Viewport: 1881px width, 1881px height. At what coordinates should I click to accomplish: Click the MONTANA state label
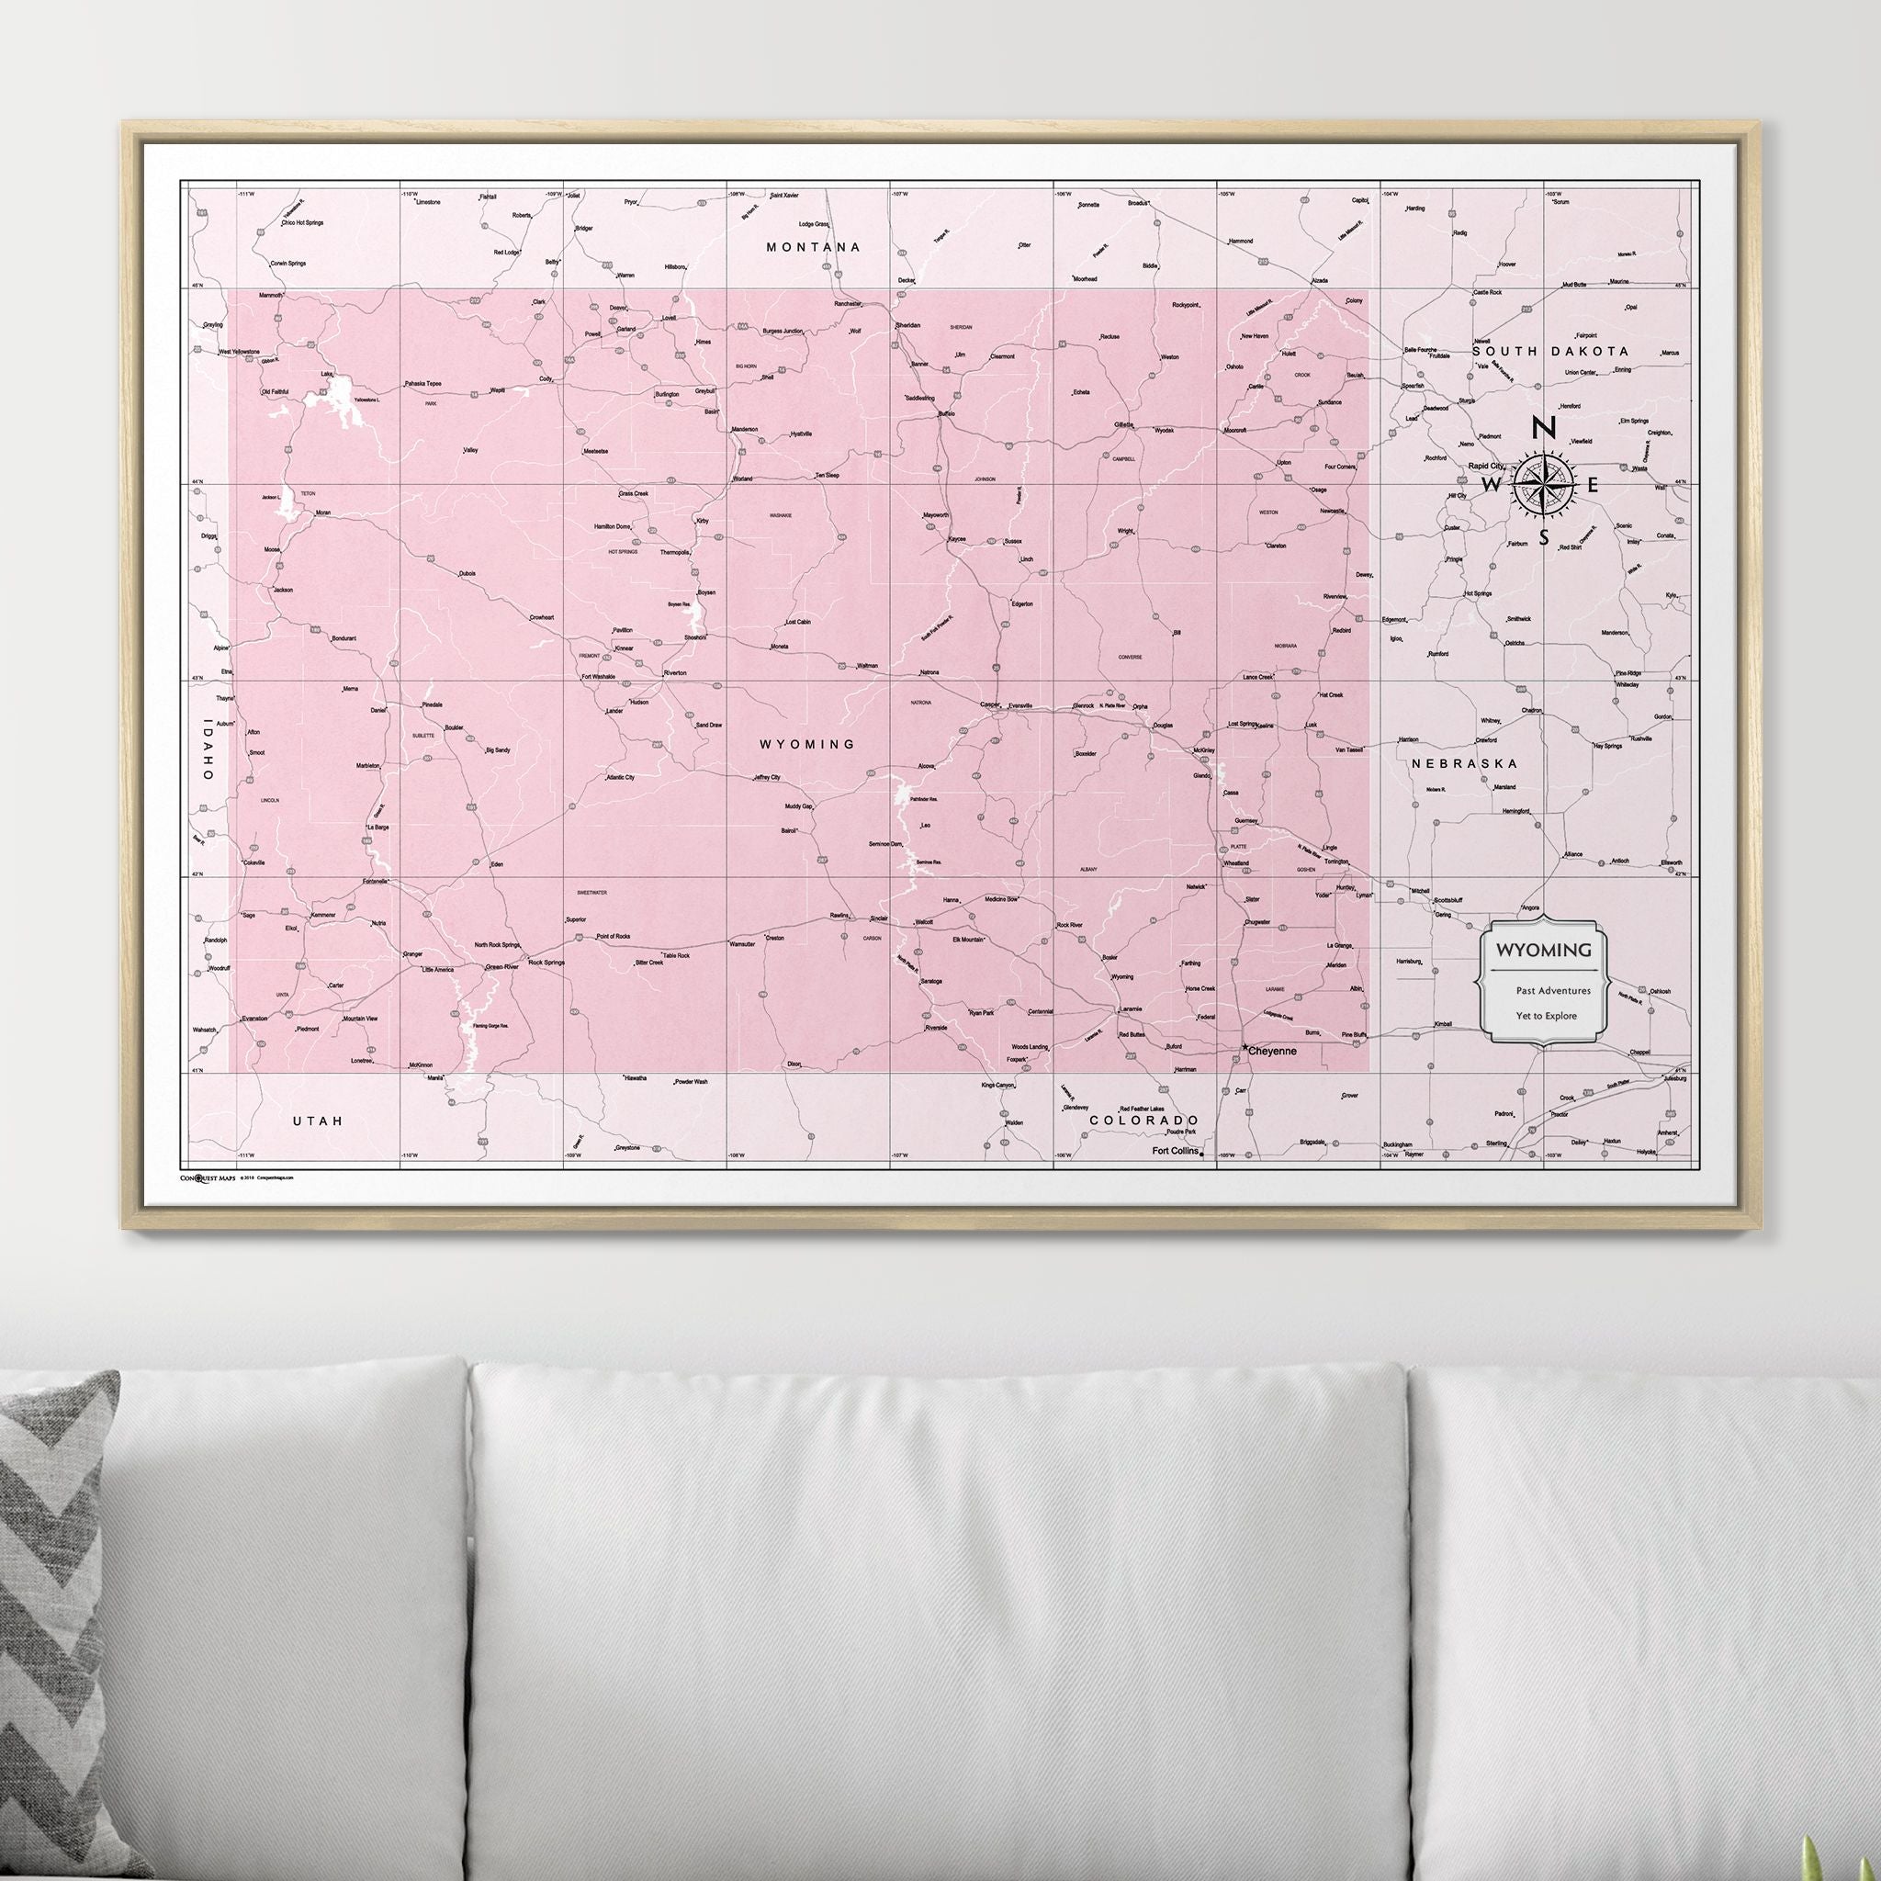(x=813, y=247)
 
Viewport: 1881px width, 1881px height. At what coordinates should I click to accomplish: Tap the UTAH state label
(x=319, y=1121)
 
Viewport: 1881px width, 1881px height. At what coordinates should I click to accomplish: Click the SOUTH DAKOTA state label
(x=1550, y=352)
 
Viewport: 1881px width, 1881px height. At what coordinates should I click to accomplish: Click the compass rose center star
(x=1544, y=484)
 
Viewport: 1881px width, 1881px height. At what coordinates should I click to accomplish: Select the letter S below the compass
(x=1544, y=537)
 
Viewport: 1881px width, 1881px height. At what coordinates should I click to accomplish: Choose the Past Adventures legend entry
(x=1552, y=991)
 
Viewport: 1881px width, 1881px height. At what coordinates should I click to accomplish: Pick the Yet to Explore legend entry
(x=1545, y=1016)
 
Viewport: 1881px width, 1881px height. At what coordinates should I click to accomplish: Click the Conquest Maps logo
(x=208, y=1177)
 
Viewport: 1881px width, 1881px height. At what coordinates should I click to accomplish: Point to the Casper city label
(x=989, y=704)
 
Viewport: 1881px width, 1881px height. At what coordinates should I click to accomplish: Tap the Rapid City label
(x=1485, y=468)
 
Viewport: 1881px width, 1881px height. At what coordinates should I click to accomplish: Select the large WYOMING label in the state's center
(x=807, y=745)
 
